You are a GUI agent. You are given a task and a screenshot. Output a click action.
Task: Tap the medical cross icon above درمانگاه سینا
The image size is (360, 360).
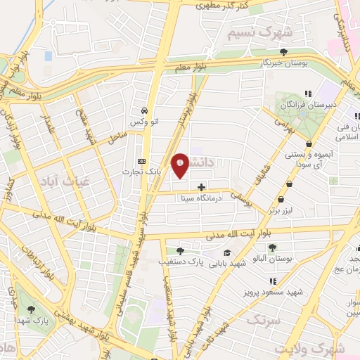coord(202,187)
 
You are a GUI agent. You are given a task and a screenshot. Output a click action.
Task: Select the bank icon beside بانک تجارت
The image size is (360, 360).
coord(143,161)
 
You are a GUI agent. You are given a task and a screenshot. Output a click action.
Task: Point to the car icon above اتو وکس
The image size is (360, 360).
coord(144,110)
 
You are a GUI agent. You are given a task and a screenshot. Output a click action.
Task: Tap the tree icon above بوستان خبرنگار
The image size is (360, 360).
coord(283,51)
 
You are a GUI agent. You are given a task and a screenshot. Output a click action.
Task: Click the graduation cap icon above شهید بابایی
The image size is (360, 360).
coord(226,252)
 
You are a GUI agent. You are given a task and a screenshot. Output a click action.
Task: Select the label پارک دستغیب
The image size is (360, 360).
coord(181,262)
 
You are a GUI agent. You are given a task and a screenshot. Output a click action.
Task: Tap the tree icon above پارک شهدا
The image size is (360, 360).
coord(29,310)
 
